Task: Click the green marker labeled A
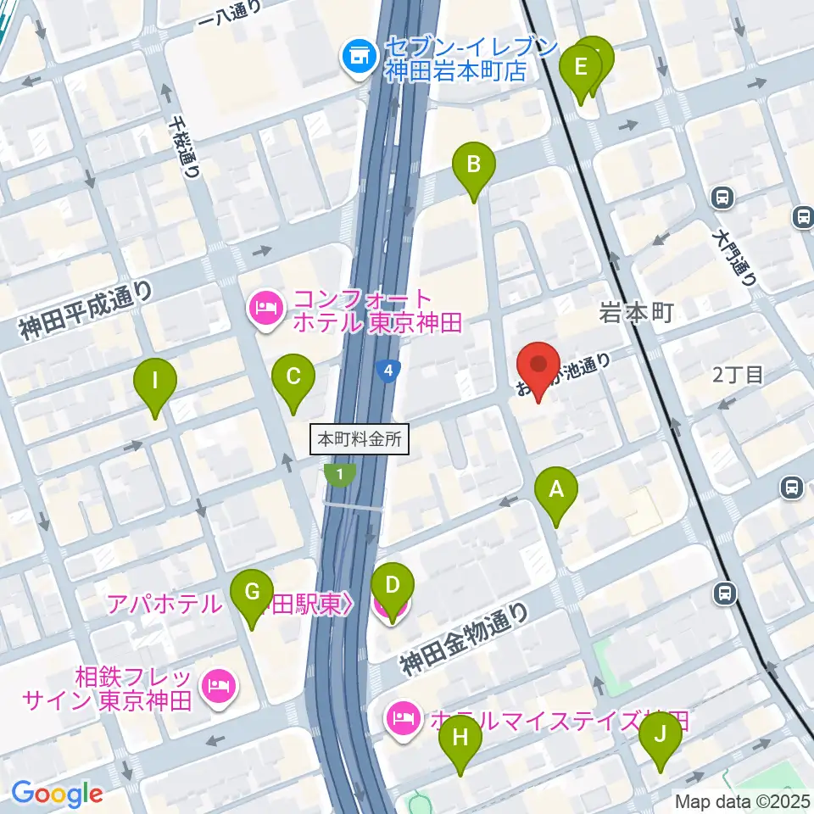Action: click(556, 491)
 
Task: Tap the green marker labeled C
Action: click(293, 376)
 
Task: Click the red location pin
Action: click(538, 366)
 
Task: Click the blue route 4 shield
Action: click(387, 371)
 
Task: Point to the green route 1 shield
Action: click(340, 476)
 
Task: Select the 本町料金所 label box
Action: click(360, 440)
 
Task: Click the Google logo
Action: click(57, 794)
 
